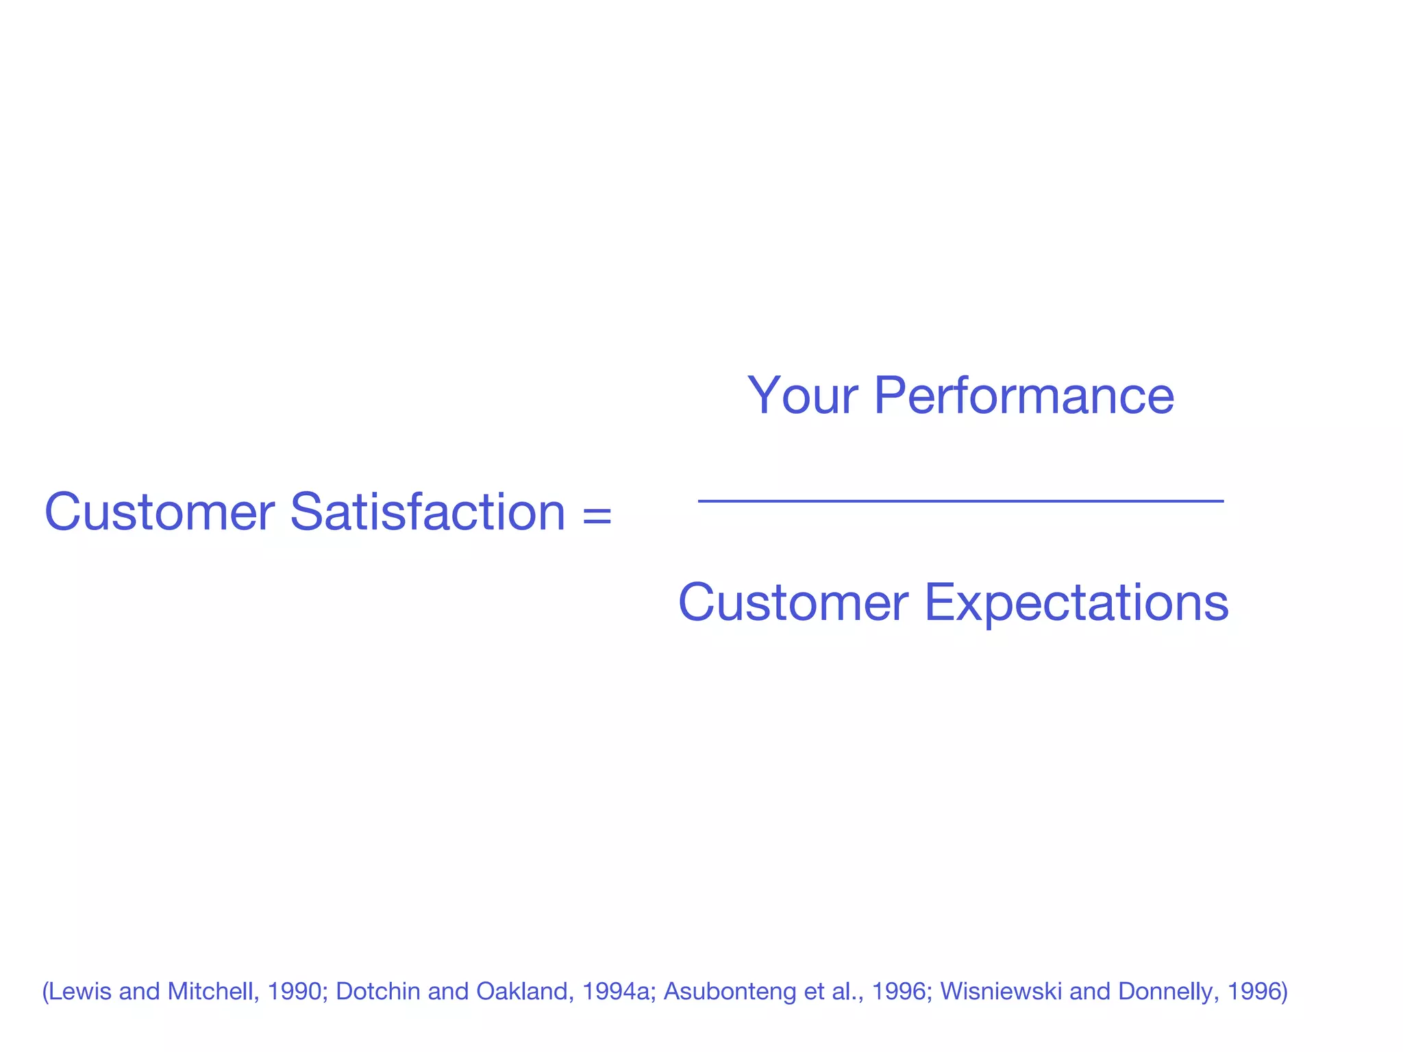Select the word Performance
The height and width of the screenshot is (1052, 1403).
pos(1024,395)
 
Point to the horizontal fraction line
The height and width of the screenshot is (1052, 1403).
pos(960,501)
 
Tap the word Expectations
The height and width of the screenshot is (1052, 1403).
pos(1076,603)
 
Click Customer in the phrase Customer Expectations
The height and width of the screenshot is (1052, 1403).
pos(793,603)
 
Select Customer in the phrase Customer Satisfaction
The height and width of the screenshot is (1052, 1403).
pos(160,512)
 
